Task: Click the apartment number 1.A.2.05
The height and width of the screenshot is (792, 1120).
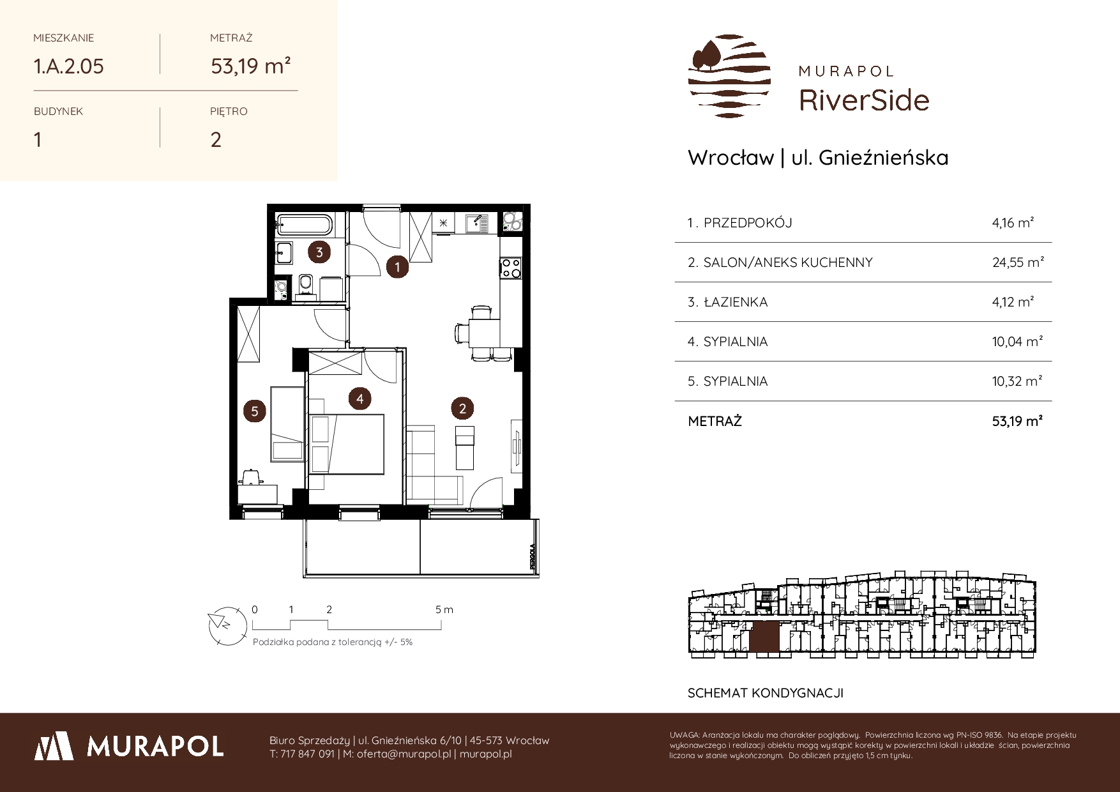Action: [69, 66]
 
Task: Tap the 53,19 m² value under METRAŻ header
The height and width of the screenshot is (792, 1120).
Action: [251, 66]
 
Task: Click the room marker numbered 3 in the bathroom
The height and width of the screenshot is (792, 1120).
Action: [319, 252]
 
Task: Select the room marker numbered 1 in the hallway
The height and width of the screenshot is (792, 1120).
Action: [398, 266]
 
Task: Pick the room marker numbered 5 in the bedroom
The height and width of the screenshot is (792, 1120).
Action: [255, 411]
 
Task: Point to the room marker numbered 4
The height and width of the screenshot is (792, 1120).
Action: [360, 399]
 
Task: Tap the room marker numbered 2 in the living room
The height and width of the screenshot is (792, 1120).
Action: [462, 408]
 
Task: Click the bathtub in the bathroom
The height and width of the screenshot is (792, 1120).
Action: [304, 225]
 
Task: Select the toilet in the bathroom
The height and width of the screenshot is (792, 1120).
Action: [305, 287]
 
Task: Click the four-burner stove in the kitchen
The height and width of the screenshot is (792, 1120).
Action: [511, 267]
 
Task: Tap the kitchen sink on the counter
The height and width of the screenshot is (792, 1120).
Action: [476, 223]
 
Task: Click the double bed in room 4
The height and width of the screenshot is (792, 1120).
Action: [347, 444]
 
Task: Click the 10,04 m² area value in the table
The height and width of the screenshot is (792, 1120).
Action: [1017, 342]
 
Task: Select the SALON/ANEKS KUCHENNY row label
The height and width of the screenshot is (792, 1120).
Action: [787, 263]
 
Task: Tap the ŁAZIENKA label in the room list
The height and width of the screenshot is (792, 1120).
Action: [735, 302]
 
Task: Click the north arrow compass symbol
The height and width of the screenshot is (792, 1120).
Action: [227, 624]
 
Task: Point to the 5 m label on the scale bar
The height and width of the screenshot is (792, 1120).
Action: [444, 609]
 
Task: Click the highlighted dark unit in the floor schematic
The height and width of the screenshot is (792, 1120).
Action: [764, 637]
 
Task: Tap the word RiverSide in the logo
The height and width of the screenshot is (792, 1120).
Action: [864, 100]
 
